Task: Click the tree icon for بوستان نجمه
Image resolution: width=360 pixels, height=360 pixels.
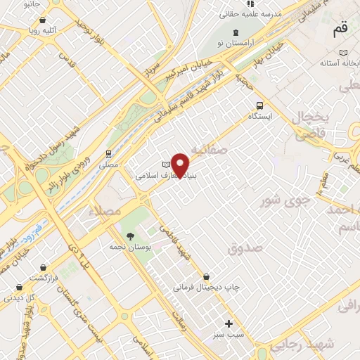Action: (x=129, y=236)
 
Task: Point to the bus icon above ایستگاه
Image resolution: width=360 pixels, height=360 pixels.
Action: (x=260, y=103)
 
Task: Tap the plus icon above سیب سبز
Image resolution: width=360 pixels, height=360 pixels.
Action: (x=229, y=323)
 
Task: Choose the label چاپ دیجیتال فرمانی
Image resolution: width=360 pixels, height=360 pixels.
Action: (x=210, y=288)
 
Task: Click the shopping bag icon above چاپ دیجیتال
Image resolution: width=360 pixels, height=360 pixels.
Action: (x=205, y=276)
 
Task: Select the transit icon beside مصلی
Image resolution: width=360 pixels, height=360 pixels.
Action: (x=108, y=153)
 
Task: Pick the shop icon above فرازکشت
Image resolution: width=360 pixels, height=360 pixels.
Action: (x=19, y=287)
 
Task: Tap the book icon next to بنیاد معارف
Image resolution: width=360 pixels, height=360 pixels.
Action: (x=167, y=164)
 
